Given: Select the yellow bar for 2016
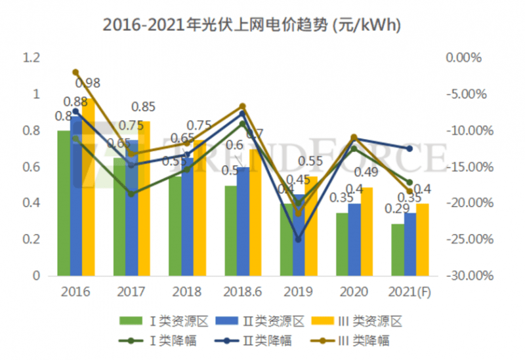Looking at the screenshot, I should (x=88, y=190).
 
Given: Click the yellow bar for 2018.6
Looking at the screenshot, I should (x=255, y=213).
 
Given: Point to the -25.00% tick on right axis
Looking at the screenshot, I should (x=467, y=240).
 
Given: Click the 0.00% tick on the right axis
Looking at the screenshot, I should (x=464, y=58).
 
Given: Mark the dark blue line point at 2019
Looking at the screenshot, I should (x=298, y=239).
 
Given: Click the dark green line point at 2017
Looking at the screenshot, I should (x=131, y=194).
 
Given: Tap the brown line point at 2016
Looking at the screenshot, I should (x=75, y=72).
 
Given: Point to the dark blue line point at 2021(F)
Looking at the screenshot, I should (x=409, y=149).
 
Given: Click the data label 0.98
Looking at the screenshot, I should (x=88, y=83).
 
